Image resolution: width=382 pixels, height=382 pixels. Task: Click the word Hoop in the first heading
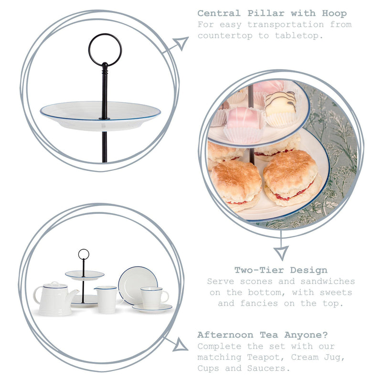[x=334, y=13]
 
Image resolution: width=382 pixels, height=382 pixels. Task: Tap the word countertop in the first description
[x=225, y=36]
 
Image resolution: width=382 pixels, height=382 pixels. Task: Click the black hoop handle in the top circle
[x=105, y=50]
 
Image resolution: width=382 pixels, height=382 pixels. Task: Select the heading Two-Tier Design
[x=281, y=270]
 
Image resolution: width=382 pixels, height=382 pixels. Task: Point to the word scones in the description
[x=256, y=281]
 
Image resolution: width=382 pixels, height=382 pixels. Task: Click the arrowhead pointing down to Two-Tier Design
[x=281, y=253]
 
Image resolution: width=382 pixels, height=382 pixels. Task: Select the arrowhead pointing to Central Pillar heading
[x=181, y=43]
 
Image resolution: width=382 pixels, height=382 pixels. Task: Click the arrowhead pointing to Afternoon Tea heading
[x=180, y=345]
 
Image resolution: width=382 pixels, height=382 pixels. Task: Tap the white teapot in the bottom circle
[x=55, y=299]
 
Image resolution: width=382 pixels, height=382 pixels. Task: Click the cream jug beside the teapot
[x=106, y=299]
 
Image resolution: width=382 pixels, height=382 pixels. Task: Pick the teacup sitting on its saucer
[x=154, y=297]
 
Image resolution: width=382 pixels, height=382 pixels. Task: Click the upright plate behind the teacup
[x=138, y=285]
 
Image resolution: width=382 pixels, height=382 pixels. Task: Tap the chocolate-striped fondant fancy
[x=281, y=108]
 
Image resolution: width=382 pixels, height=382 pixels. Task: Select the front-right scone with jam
[x=292, y=177]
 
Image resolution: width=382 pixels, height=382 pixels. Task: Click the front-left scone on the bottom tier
[x=235, y=185]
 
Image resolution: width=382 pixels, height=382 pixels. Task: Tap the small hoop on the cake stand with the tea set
[x=84, y=254]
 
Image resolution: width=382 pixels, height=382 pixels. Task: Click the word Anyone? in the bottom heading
[x=306, y=335]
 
